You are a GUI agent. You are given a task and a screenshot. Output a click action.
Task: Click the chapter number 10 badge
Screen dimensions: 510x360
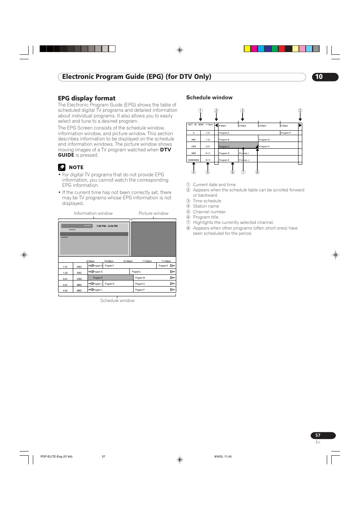click(325, 77)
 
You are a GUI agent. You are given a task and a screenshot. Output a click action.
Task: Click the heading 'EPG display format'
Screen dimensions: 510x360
click(87, 98)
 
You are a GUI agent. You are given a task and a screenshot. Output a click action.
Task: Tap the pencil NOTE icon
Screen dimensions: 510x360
click(62, 167)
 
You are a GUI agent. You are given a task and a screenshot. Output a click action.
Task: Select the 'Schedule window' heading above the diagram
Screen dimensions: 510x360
click(209, 97)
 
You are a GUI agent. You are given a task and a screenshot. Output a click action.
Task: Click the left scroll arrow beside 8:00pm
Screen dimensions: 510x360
click(216, 125)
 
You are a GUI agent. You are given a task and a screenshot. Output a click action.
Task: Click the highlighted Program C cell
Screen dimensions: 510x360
click(230, 146)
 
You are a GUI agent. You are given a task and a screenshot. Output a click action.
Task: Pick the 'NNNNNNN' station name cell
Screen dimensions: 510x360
click(194, 160)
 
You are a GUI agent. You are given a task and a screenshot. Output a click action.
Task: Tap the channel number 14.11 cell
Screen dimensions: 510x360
click(208, 153)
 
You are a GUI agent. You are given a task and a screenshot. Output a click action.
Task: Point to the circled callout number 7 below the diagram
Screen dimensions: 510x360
click(243, 172)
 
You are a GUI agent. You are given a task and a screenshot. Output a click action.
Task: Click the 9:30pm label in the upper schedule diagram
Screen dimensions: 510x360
click(285, 126)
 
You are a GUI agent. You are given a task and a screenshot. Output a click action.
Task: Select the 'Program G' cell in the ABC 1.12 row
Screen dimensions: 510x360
click(264, 140)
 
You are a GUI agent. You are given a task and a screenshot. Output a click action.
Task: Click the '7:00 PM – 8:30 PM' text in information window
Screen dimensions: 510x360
click(107, 226)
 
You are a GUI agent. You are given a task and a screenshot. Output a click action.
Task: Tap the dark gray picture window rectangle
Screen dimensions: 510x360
click(154, 239)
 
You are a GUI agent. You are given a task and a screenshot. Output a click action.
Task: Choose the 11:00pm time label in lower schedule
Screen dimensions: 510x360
click(147, 261)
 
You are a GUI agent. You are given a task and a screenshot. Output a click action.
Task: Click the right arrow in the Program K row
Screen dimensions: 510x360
click(172, 266)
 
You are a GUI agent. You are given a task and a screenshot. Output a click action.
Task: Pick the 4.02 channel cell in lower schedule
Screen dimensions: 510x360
click(65, 290)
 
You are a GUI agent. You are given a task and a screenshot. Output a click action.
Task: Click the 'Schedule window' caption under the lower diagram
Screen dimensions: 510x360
click(117, 300)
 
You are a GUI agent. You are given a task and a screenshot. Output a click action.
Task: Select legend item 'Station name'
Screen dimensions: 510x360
click(206, 206)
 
